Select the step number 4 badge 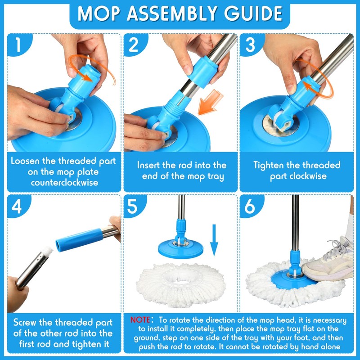[16, 206]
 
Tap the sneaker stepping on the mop [328, 261]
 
